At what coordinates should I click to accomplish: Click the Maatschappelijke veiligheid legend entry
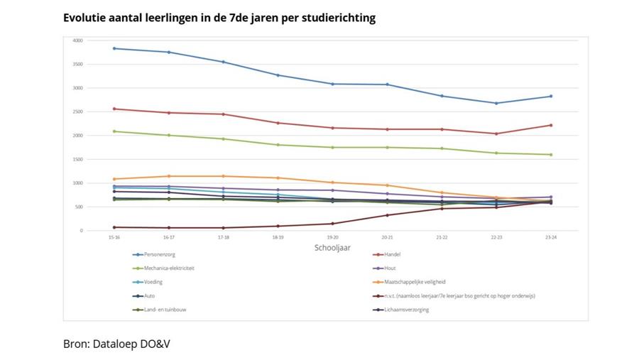coord(414,282)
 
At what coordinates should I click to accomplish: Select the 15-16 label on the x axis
coord(114,236)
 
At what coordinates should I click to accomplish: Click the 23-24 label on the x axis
coord(550,236)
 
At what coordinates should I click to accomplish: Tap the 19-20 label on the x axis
coord(332,236)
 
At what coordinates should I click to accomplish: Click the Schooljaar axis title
coord(332,248)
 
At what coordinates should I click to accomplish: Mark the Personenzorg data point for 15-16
coord(114,48)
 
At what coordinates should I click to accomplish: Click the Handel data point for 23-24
coord(550,125)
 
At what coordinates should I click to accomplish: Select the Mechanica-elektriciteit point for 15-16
coord(114,131)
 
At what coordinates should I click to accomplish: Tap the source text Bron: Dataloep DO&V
coord(117,344)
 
